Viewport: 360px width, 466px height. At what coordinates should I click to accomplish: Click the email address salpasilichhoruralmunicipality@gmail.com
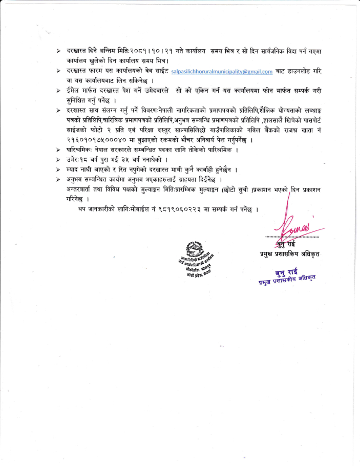(x=222, y=72)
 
